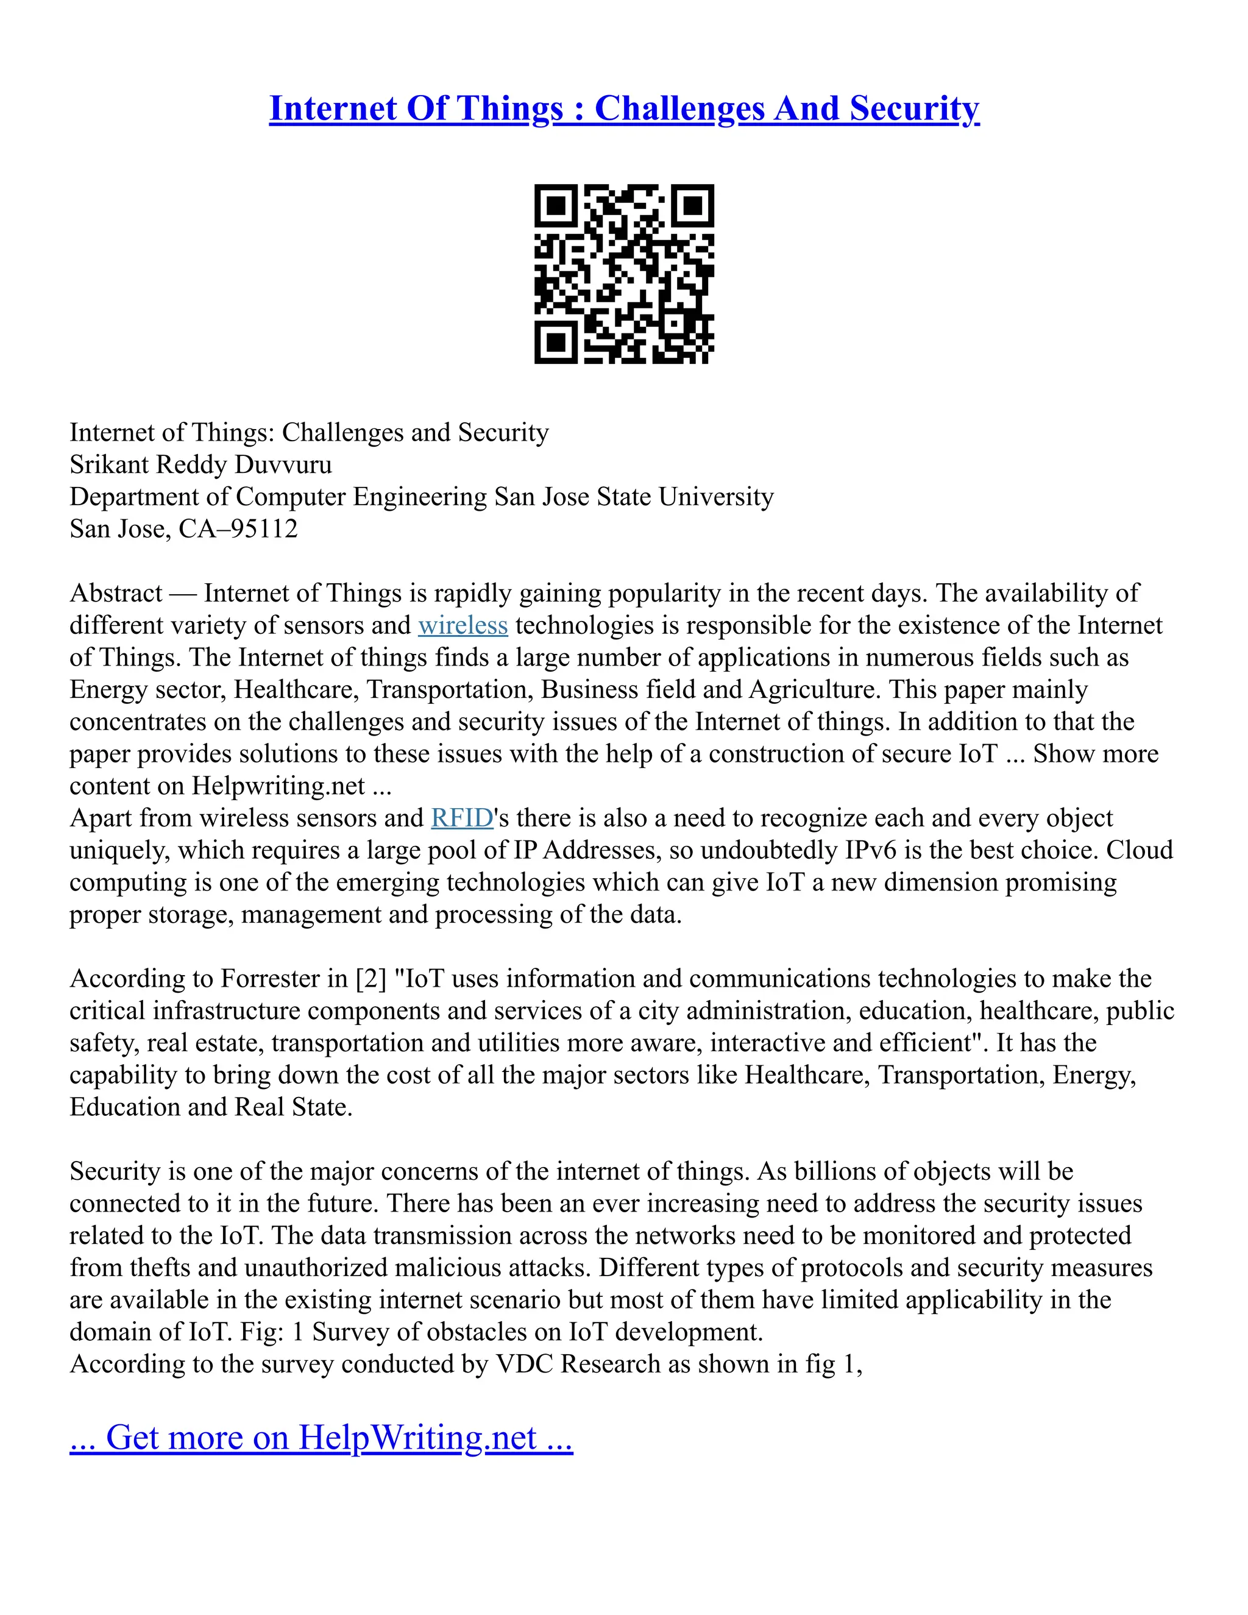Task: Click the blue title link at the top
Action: (624, 108)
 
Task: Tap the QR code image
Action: (624, 274)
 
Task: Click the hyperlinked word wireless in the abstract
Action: (463, 626)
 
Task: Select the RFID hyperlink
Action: (462, 818)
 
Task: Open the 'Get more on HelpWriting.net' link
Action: (321, 1437)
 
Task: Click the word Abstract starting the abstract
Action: (115, 593)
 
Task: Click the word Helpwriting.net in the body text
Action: (278, 786)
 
